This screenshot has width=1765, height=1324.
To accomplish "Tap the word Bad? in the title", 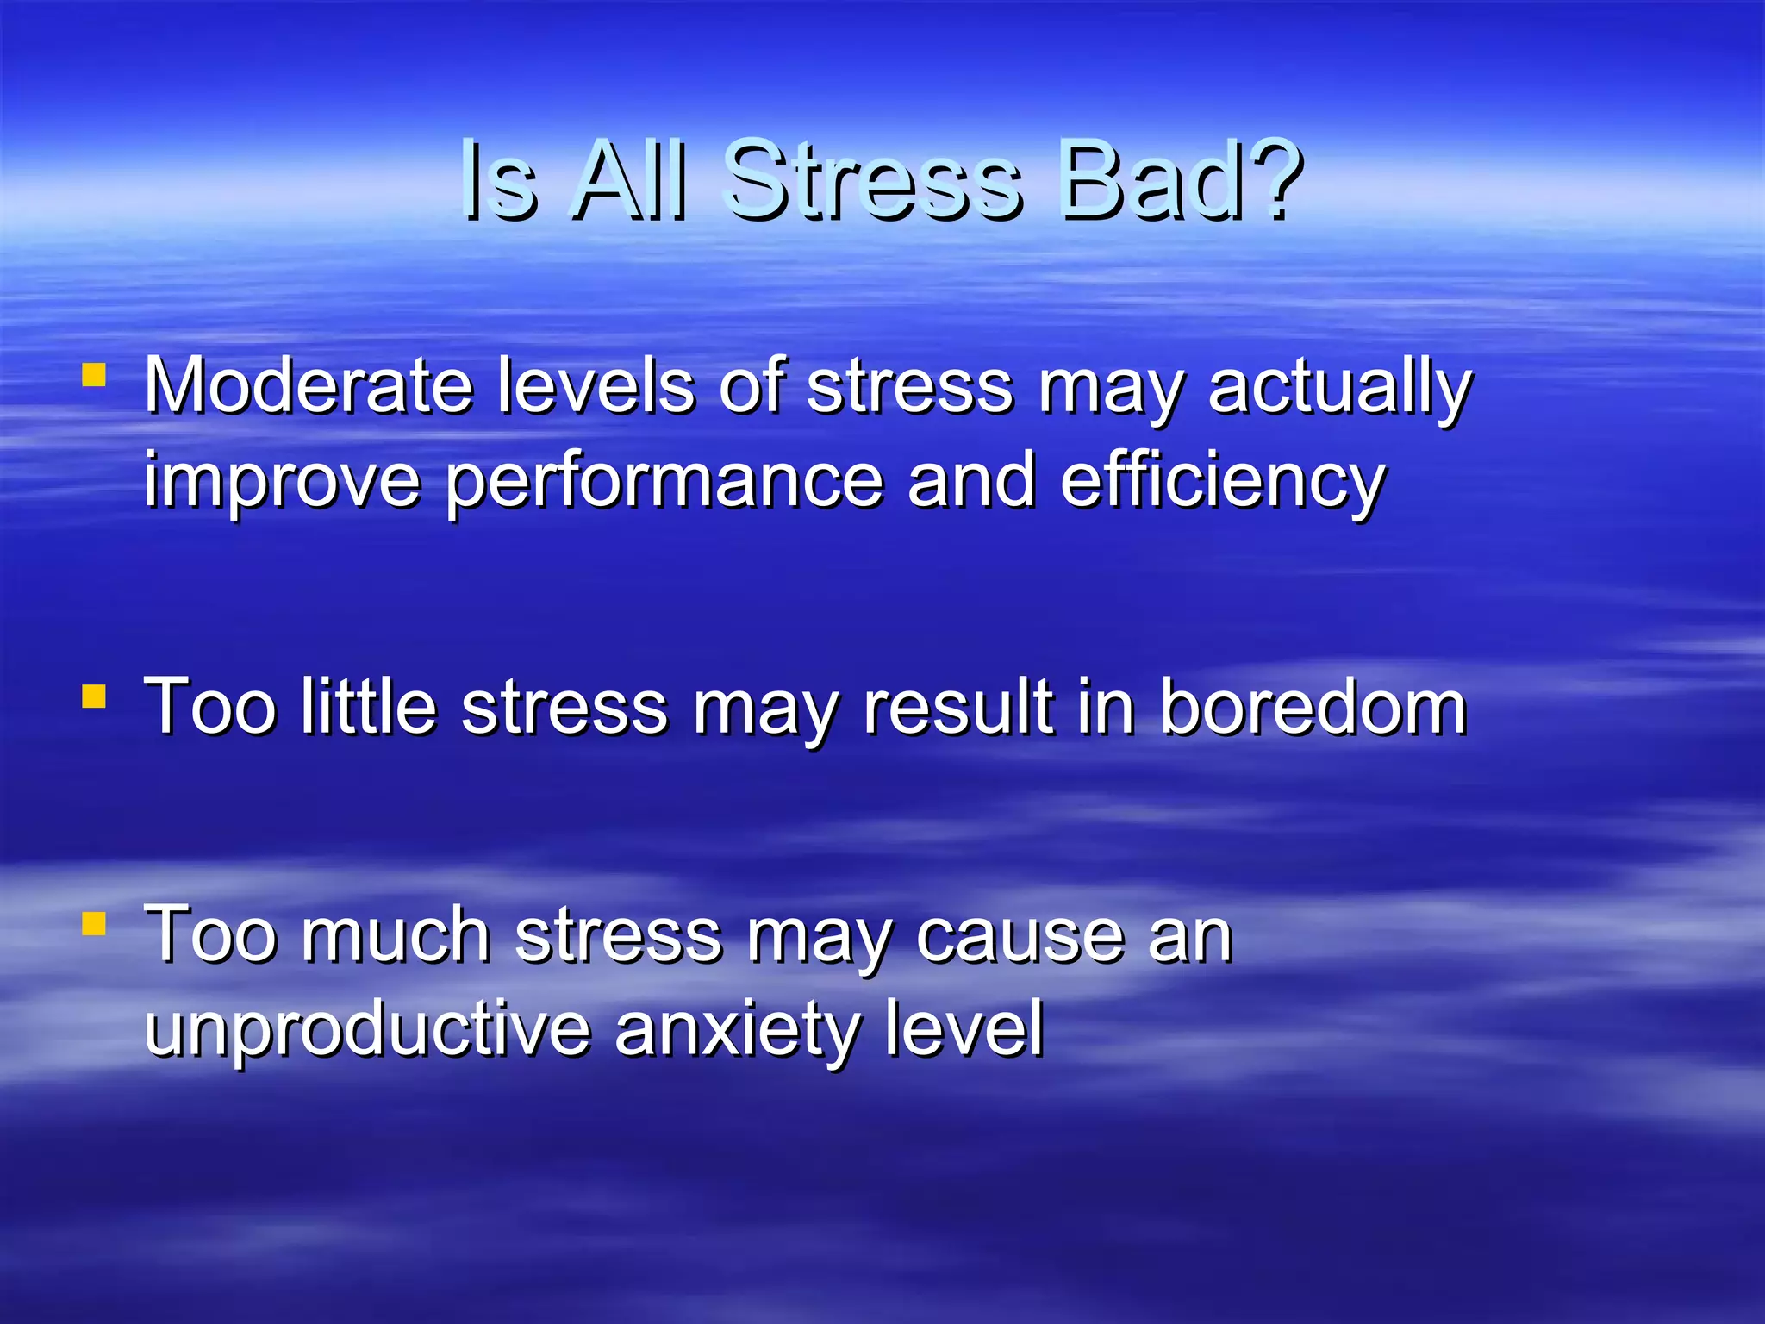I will coord(1181,181).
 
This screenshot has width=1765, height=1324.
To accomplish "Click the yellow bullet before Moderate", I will coord(94,375).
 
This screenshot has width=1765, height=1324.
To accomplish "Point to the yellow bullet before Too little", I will coord(94,696).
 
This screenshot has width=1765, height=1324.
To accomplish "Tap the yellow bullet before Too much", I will coord(94,924).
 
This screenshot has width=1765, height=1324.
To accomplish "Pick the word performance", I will coord(664,483).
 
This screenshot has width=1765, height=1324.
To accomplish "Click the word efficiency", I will coord(1222,483).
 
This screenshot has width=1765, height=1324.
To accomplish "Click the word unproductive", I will coord(367,1029).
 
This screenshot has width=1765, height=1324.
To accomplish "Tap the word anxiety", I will coord(737,1031).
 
